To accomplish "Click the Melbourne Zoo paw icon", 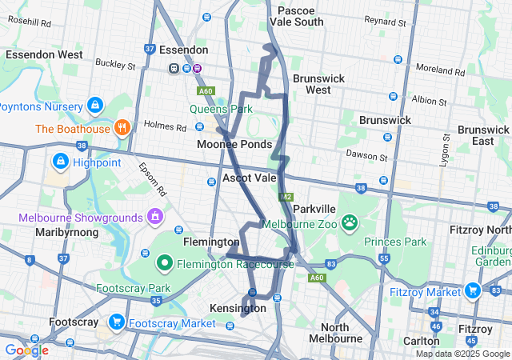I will [x=350, y=221].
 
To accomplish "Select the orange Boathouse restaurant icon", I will [x=122, y=127].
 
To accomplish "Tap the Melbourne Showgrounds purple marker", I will [x=155, y=217].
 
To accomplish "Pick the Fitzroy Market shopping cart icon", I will [x=473, y=291].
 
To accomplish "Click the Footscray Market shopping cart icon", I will [x=118, y=322].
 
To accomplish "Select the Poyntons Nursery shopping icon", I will [x=95, y=105].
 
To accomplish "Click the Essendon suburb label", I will [x=183, y=50].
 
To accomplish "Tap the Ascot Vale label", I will [x=250, y=178].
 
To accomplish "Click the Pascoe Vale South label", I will [x=301, y=16].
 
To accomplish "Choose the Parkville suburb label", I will [x=308, y=209].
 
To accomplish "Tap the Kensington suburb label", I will [x=237, y=308].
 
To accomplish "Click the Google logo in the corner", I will [x=26, y=350].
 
